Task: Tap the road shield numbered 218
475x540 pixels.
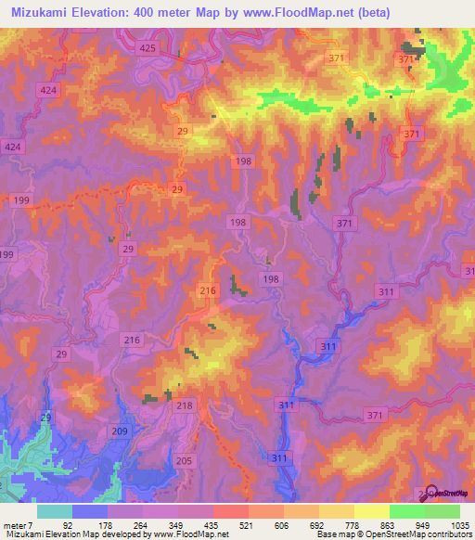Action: (184, 405)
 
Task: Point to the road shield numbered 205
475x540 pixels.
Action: (183, 461)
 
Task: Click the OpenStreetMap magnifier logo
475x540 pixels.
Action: (428, 492)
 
